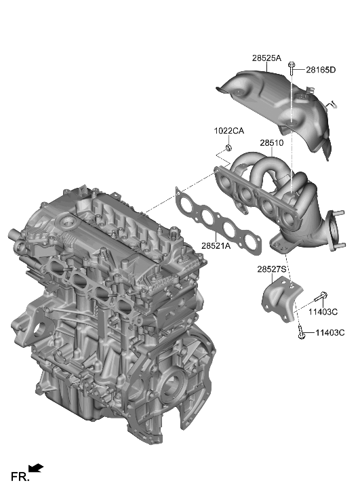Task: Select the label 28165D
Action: coord(321,70)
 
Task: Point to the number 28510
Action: coord(271,144)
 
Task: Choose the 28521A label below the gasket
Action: coord(216,245)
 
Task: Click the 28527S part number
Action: coord(273,269)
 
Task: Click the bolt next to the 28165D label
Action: coord(292,68)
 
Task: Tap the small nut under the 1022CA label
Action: coord(228,149)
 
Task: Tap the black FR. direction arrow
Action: coord(37,468)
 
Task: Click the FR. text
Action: coord(19,479)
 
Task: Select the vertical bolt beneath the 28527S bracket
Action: coord(300,332)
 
